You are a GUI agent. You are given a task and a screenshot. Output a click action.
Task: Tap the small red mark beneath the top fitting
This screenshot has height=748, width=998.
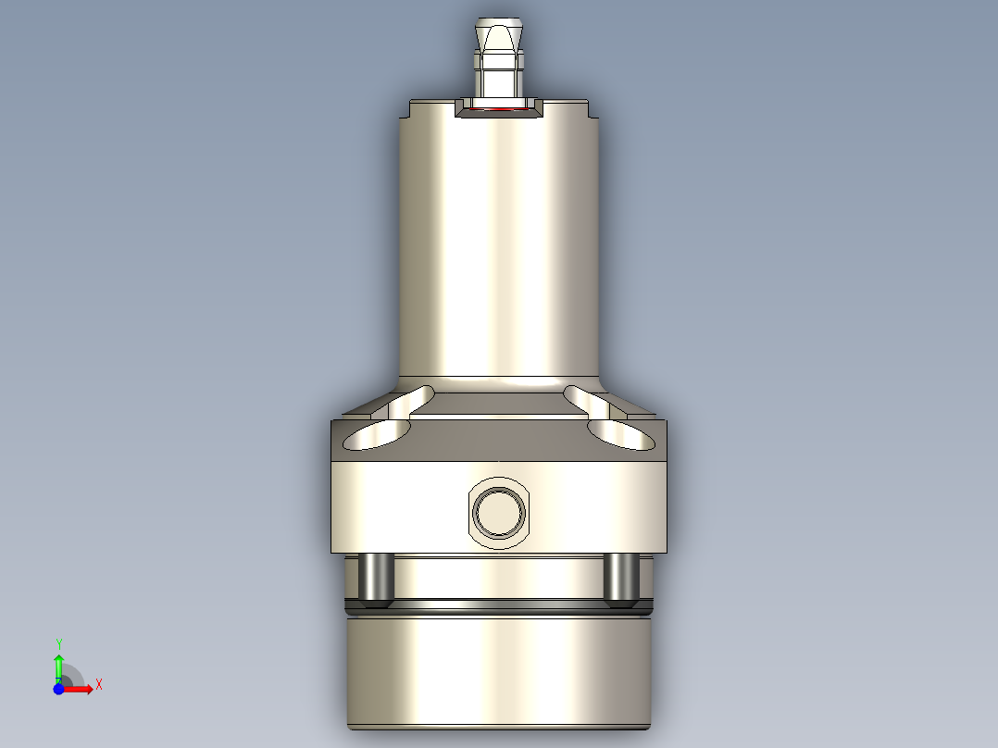pyautogui.click(x=501, y=108)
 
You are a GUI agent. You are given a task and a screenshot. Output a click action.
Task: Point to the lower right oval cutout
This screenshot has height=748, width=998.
pyautogui.click(x=620, y=433)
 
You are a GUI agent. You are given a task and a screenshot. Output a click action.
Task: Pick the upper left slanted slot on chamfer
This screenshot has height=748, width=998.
pyautogui.click(x=411, y=399)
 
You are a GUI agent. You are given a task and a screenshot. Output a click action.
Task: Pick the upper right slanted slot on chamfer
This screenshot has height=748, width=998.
pyautogui.click(x=587, y=399)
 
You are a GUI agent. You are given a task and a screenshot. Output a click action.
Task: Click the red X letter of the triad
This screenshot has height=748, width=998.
pyautogui.click(x=98, y=684)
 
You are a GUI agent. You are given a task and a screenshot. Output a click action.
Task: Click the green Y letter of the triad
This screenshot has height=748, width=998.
pyautogui.click(x=58, y=642)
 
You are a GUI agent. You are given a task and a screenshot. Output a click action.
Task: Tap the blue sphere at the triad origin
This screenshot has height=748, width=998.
pyautogui.click(x=58, y=689)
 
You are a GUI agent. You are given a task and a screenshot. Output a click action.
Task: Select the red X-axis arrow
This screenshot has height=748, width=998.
pyautogui.click(x=80, y=689)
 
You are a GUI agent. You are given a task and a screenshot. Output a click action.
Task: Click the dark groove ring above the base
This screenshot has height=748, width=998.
pyautogui.click(x=499, y=609)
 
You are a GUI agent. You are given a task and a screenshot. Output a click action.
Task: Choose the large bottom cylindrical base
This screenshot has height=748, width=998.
pyautogui.click(x=499, y=676)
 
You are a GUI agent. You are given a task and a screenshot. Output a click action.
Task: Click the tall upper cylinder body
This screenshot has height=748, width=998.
pyautogui.click(x=499, y=250)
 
